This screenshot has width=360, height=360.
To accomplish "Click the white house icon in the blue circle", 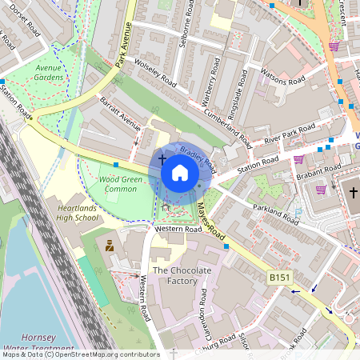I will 180,173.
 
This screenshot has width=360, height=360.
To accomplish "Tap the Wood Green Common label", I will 121,185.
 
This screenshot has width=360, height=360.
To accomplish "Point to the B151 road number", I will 278,276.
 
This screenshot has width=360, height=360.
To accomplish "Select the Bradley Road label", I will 198,158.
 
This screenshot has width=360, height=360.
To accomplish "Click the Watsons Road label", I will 284,77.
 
